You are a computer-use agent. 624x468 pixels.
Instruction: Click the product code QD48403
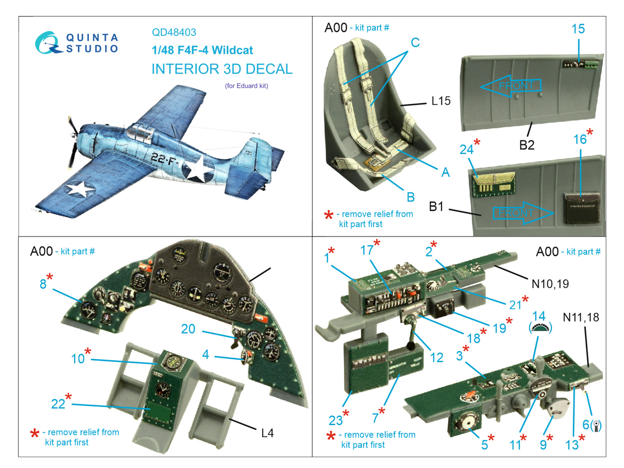(174, 32)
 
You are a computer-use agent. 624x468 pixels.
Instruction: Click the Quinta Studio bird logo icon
(47, 43)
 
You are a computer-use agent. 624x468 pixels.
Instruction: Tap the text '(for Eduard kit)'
(246, 86)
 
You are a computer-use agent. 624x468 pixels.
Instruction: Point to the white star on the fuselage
(197, 168)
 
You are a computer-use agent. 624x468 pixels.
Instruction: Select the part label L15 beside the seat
(441, 101)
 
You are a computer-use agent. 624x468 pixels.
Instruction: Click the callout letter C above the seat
(415, 43)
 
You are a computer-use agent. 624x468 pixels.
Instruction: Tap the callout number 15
(578, 29)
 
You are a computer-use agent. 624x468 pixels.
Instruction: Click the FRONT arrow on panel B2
(511, 86)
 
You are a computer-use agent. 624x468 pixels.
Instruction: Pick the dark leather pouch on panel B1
(581, 208)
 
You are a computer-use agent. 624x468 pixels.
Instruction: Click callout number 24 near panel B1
(466, 149)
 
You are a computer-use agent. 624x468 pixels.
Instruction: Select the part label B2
(526, 145)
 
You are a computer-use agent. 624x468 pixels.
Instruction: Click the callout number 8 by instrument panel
(43, 284)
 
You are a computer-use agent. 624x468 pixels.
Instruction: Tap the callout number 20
(188, 329)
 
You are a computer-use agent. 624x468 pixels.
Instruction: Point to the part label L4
(267, 433)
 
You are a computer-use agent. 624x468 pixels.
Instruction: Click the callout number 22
(58, 404)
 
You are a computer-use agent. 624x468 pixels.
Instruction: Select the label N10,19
(550, 284)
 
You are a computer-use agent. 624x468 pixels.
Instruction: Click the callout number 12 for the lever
(436, 358)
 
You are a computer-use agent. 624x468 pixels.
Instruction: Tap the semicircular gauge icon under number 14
(540, 328)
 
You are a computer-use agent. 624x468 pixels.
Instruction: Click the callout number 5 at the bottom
(484, 445)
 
